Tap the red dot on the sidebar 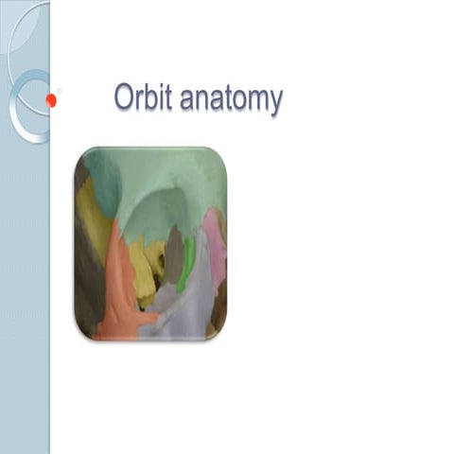pos(50,99)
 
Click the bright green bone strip pos(187,263)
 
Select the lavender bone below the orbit pos(189,307)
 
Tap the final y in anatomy pos(275,102)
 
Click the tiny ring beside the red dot pos(60,92)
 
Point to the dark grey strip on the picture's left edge pos(85,284)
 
